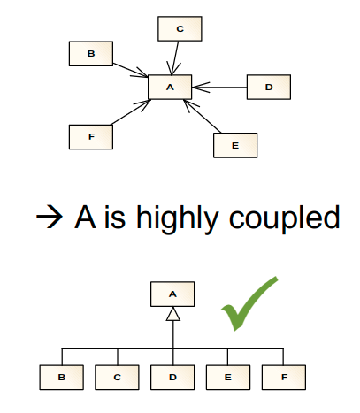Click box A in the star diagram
(x=170, y=87)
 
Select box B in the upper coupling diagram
(x=91, y=54)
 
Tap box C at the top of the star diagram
(x=180, y=28)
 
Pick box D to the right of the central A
(x=269, y=87)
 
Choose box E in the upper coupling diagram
(x=235, y=145)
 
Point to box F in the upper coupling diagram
(x=91, y=137)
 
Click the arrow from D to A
(x=219, y=88)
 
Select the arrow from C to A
(x=175, y=57)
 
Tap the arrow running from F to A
(x=131, y=112)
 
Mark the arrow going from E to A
(x=203, y=117)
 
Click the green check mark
(x=249, y=303)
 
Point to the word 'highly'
(x=177, y=218)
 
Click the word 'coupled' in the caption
(x=285, y=218)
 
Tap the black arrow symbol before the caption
(x=50, y=217)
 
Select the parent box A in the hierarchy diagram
(x=172, y=294)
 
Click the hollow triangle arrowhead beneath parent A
(x=173, y=314)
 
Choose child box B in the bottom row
(x=62, y=378)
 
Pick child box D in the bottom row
(x=172, y=378)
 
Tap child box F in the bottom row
(x=284, y=378)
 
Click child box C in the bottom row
(x=117, y=378)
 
